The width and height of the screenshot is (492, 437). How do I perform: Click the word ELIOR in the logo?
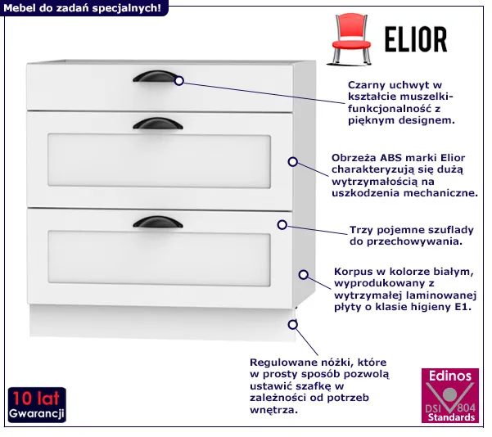click(x=414, y=39)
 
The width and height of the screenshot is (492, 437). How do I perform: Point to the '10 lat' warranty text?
click(x=37, y=398)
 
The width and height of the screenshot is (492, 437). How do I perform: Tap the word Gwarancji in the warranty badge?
click(x=37, y=414)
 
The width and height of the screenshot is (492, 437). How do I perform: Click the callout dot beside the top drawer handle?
click(x=179, y=81)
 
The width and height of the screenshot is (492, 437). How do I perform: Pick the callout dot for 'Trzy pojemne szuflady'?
click(x=282, y=224)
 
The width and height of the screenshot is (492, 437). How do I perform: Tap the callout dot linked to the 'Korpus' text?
click(x=302, y=275)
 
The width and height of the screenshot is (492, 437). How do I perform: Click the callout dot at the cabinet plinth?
click(x=292, y=324)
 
